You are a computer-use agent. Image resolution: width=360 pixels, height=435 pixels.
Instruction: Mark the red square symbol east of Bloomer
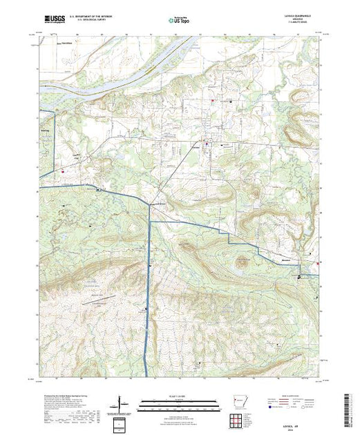point(318,263)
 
